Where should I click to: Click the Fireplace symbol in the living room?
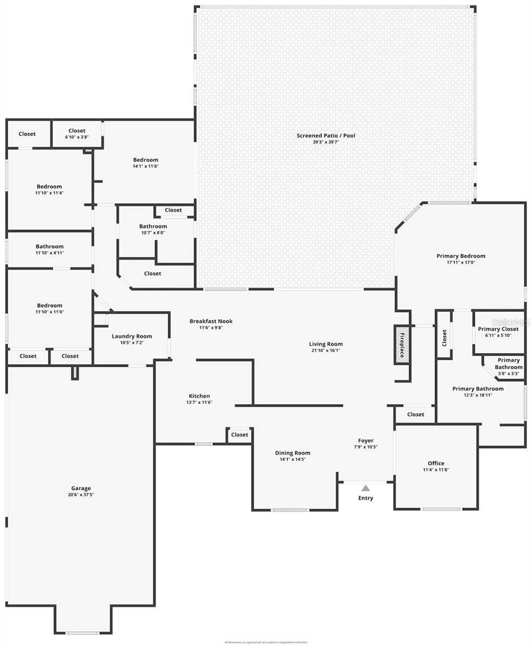[x=401, y=345]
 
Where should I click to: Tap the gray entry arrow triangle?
[x=366, y=488]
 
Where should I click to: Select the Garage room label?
[x=81, y=488]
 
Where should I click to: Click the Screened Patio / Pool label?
[x=326, y=135]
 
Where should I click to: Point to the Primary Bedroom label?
[x=461, y=256]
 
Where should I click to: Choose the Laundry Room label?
[x=132, y=336]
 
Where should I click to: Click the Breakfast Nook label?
[x=211, y=321]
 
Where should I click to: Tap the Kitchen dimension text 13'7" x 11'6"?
[x=199, y=403]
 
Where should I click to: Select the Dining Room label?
[x=293, y=453]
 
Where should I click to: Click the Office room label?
[x=436, y=463]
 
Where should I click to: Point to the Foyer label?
[x=366, y=440]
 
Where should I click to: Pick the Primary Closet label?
[x=498, y=329]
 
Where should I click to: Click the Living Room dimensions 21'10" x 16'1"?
[x=325, y=350]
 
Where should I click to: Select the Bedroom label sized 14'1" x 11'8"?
[x=146, y=160]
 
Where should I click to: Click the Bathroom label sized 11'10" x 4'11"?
[x=49, y=246]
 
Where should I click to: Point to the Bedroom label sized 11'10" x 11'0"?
[x=49, y=305]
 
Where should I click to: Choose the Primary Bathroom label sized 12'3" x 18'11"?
[x=478, y=389]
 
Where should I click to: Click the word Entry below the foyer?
[x=366, y=498]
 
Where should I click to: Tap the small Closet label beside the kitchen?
[x=239, y=435]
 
